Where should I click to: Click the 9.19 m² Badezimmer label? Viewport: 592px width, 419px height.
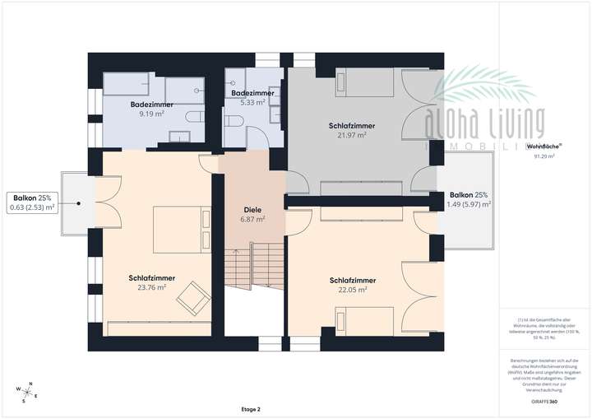pos(151,109)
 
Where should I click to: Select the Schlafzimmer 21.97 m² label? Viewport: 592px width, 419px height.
pos(352,130)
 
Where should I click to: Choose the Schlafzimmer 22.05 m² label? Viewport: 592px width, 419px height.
pos(352,285)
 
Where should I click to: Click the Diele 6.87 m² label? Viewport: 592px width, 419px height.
pos(252,214)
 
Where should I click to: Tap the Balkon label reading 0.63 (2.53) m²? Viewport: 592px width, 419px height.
pos(33,203)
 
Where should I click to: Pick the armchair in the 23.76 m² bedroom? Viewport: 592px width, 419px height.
pos(194,296)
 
